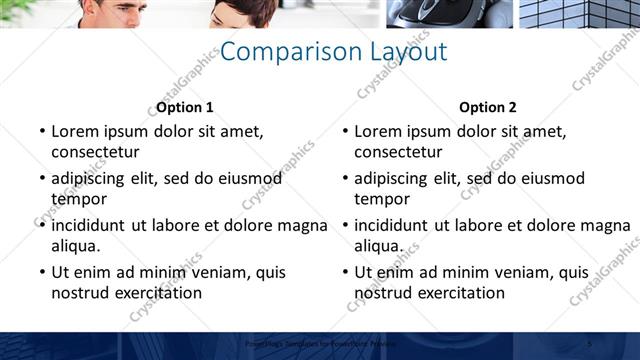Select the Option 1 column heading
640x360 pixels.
[x=185, y=107]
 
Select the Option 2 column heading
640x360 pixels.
[x=488, y=107]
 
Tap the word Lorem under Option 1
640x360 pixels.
[x=75, y=131]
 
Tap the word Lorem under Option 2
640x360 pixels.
[x=378, y=131]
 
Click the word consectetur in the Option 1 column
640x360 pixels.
[x=95, y=152]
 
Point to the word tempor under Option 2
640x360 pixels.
[x=382, y=199]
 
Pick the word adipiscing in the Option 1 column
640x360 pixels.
[x=95, y=178]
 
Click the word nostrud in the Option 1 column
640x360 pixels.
[x=80, y=293]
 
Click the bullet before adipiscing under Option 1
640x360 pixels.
[x=42, y=178]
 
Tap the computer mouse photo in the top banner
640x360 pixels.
[x=450, y=13]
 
